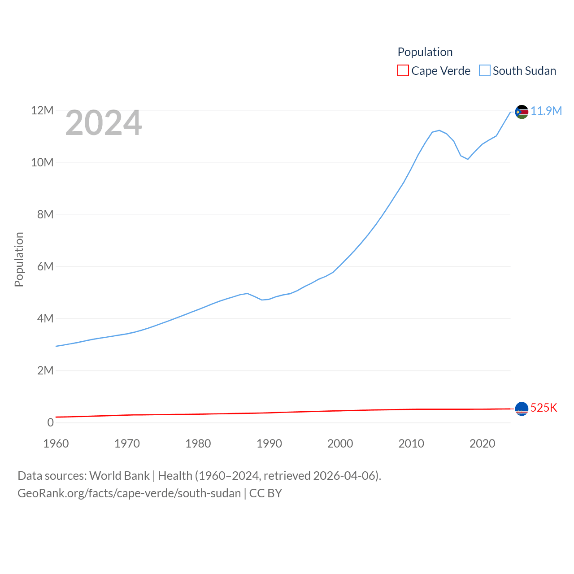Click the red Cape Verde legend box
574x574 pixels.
pyautogui.click(x=403, y=71)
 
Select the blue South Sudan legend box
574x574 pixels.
pyautogui.click(x=484, y=71)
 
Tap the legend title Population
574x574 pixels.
pyautogui.click(x=425, y=52)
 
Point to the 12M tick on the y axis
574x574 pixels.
pyautogui.click(x=42, y=110)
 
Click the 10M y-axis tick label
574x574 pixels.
pyautogui.click(x=42, y=162)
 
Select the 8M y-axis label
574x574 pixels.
pyautogui.click(x=45, y=214)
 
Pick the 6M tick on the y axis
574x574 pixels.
pyautogui.click(x=45, y=266)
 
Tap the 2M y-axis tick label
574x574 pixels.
pyautogui.click(x=45, y=370)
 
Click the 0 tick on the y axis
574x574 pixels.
pyautogui.click(x=50, y=422)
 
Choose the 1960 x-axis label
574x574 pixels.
pyautogui.click(x=56, y=444)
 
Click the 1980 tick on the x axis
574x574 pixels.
pyautogui.click(x=198, y=444)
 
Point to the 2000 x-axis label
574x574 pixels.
pyautogui.click(x=340, y=444)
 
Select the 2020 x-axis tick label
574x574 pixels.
pyautogui.click(x=483, y=444)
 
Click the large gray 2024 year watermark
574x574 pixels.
pyautogui.click(x=104, y=123)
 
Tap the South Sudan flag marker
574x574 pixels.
pyautogui.click(x=522, y=112)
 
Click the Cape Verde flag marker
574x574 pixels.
pyautogui.click(x=522, y=409)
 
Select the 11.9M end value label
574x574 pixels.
pyautogui.click(x=546, y=111)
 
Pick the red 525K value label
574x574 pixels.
pyautogui.click(x=544, y=408)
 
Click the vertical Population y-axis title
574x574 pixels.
pyautogui.click(x=19, y=259)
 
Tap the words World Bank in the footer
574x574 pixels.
pyautogui.click(x=119, y=475)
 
